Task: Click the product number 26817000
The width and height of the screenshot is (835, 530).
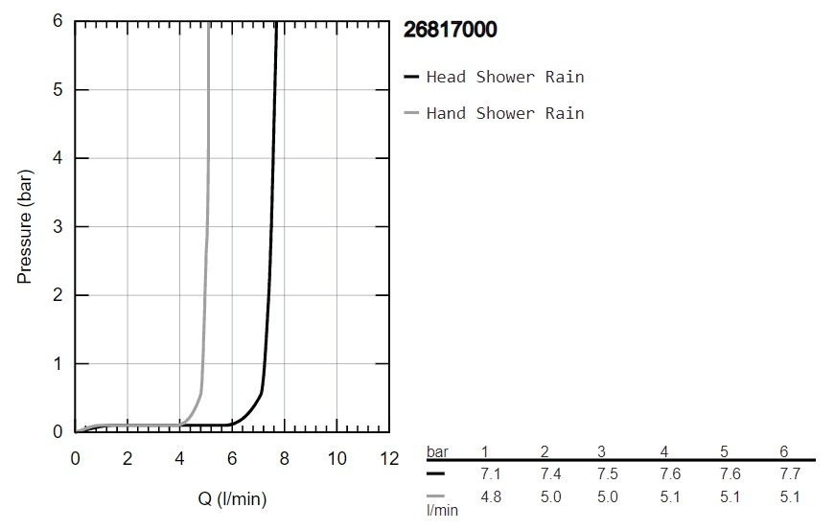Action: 452,31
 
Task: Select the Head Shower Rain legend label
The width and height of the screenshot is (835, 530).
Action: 504,77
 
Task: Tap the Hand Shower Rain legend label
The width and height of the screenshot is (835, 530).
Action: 504,113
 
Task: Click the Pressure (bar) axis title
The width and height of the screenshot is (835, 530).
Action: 26,226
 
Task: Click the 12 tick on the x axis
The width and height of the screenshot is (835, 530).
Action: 388,458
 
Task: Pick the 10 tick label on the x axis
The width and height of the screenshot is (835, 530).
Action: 336,458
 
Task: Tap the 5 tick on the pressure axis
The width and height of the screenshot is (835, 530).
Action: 57,90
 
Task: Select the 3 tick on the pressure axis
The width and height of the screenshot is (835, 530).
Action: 57,227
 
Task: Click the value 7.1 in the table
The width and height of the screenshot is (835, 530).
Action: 490,473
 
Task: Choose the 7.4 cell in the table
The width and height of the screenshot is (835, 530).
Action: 549,473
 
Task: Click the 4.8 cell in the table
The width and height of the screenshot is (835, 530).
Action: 490,496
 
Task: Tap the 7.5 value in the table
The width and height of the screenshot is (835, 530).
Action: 609,473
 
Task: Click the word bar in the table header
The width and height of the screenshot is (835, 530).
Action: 437,451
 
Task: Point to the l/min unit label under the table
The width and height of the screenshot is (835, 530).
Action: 443,511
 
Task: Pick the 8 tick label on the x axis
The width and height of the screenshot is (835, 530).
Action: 284,458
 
